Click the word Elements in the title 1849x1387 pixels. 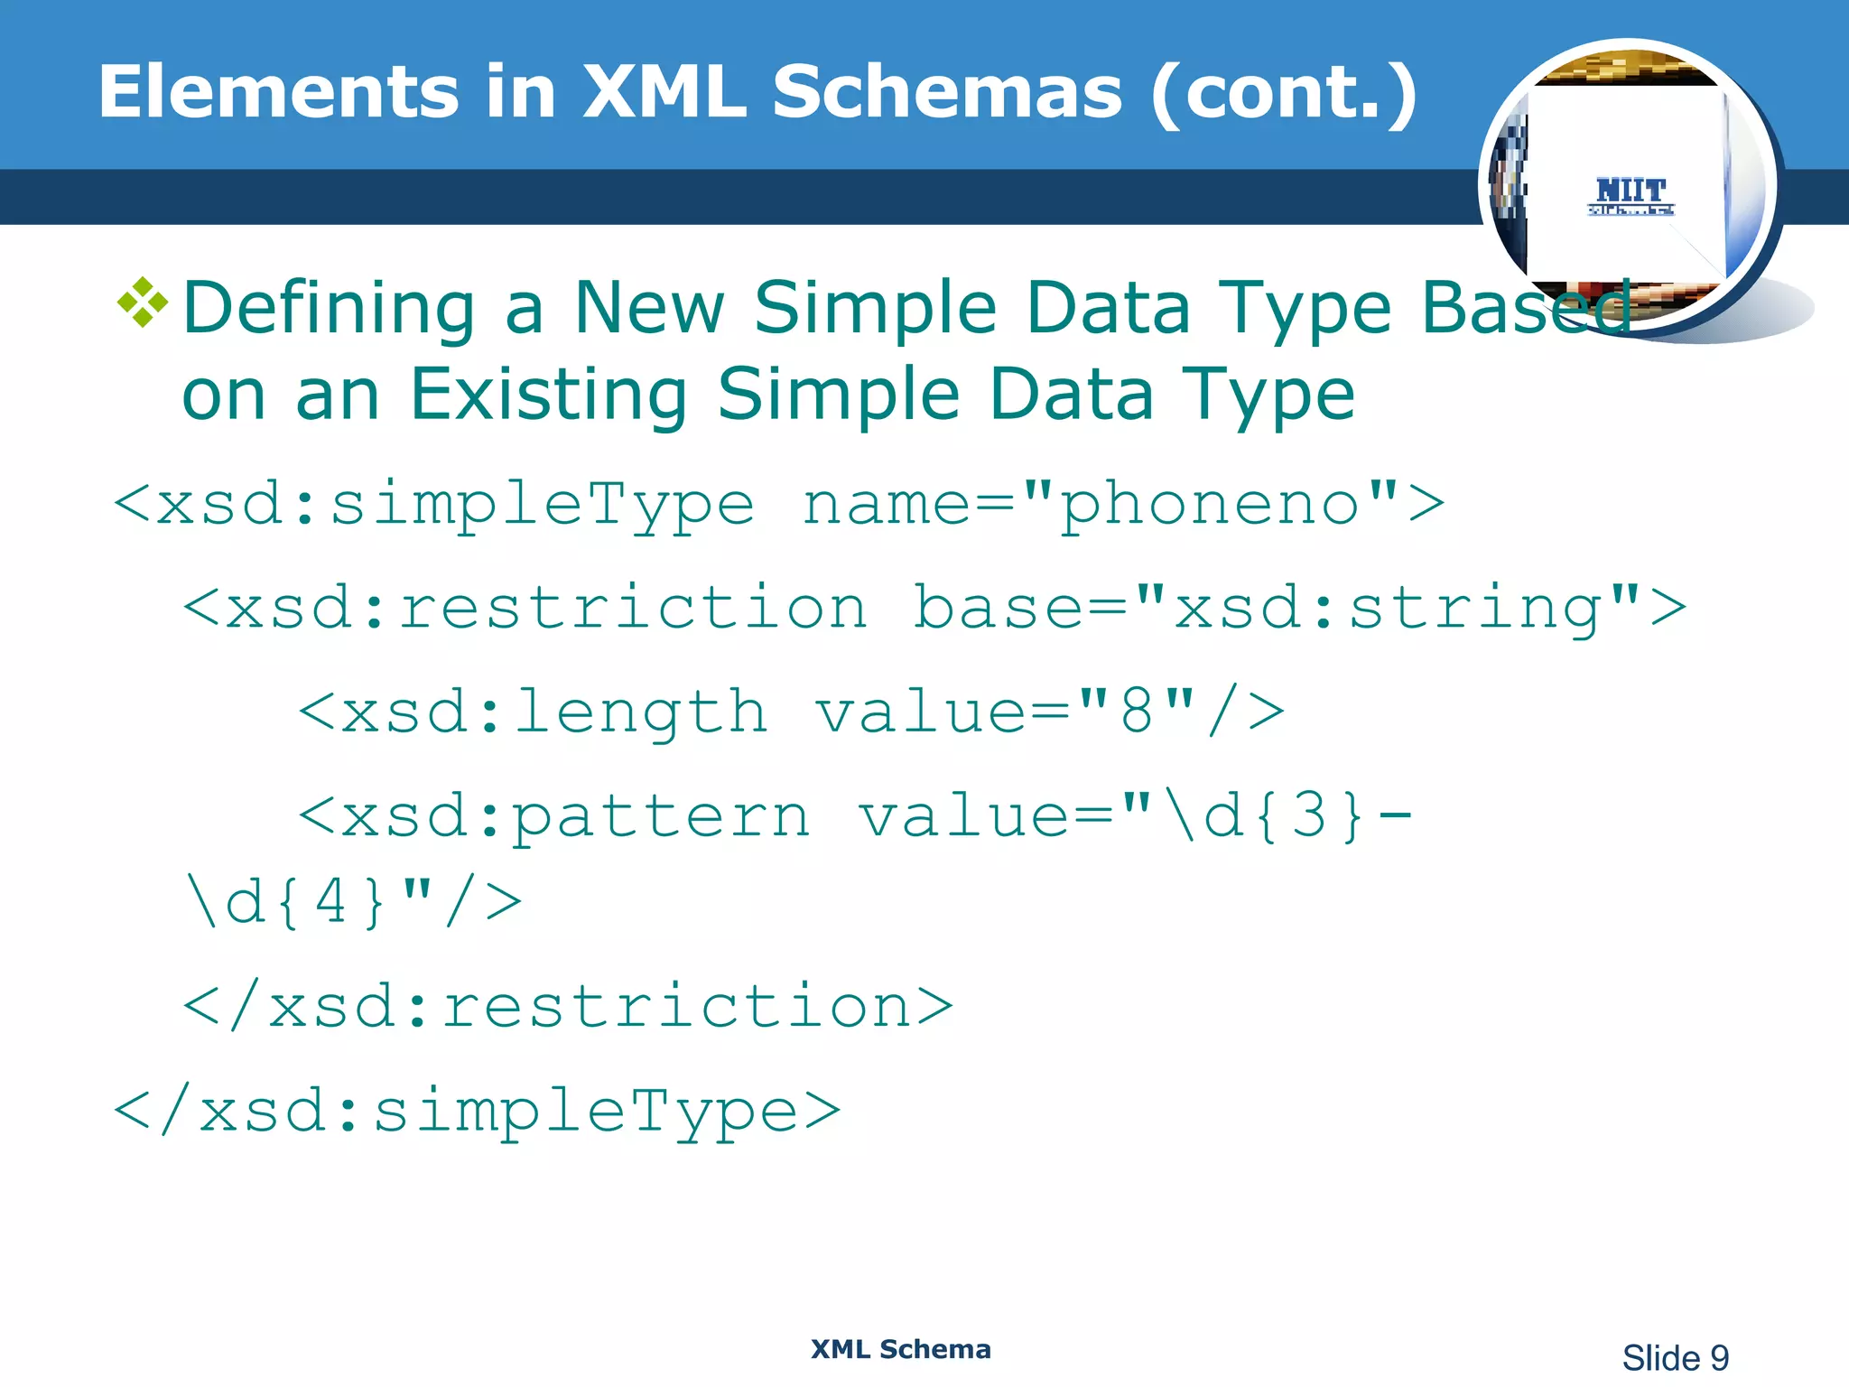280,92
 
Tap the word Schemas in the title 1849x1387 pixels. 947,92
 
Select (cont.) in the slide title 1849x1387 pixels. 1284,94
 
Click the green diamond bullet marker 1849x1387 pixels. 143,303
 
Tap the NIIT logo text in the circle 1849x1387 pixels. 1631,191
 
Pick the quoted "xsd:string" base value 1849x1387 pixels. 1388,607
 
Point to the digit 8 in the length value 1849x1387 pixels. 1137,712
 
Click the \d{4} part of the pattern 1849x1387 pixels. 285,901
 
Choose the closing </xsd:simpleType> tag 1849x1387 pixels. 477,1112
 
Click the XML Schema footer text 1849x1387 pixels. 900,1349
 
